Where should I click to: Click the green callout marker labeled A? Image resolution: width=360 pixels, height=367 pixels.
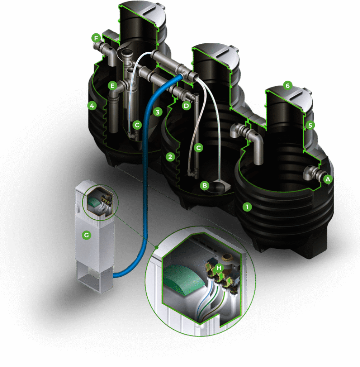328,179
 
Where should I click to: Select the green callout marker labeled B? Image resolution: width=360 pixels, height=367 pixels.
204,186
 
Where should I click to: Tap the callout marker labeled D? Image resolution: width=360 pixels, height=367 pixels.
186,106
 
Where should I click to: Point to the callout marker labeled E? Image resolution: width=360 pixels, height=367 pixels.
113,86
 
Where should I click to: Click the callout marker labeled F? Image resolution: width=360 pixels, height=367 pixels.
96,38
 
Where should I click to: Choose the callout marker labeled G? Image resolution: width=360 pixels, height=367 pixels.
86,235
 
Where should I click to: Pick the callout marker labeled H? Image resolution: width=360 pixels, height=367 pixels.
219,267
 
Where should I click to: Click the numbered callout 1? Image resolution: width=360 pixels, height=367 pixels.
247,207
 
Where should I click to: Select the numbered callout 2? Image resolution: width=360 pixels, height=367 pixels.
170,157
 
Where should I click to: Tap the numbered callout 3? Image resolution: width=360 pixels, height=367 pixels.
158,112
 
